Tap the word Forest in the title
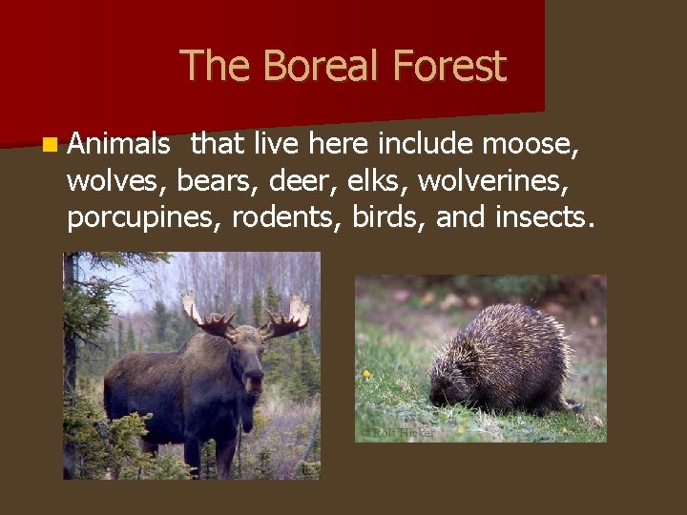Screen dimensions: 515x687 coord(448,67)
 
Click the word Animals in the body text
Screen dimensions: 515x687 coord(118,145)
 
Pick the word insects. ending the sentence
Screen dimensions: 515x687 coord(545,217)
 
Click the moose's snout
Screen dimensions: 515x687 coord(253,381)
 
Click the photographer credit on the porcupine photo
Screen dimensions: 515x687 coord(397,432)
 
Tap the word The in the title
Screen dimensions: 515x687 coord(204,67)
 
